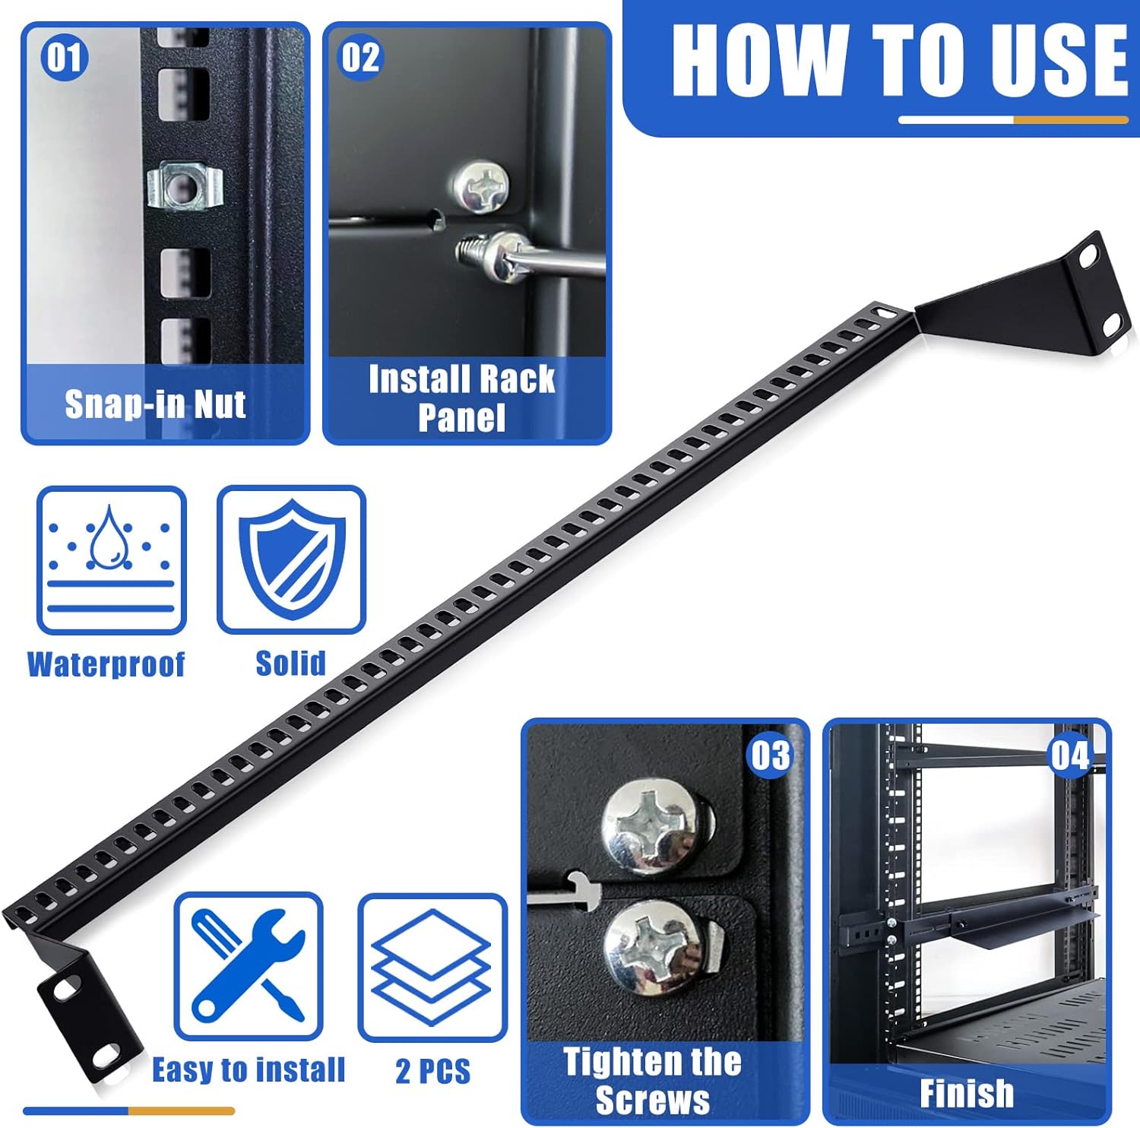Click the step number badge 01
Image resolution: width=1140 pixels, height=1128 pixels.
[x=64, y=58]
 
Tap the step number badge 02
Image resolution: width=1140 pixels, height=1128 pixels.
[x=360, y=58]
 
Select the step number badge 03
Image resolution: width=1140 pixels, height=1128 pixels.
[x=771, y=756]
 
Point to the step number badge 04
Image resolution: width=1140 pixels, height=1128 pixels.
[x=1070, y=756]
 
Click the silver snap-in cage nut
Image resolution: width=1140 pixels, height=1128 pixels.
[x=185, y=185]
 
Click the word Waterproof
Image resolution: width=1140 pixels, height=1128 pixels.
[x=106, y=664]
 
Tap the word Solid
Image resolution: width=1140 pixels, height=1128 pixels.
[x=290, y=664]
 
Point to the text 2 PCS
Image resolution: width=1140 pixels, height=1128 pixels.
[x=432, y=1071]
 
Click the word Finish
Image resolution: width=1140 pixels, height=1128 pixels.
[x=967, y=1094]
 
